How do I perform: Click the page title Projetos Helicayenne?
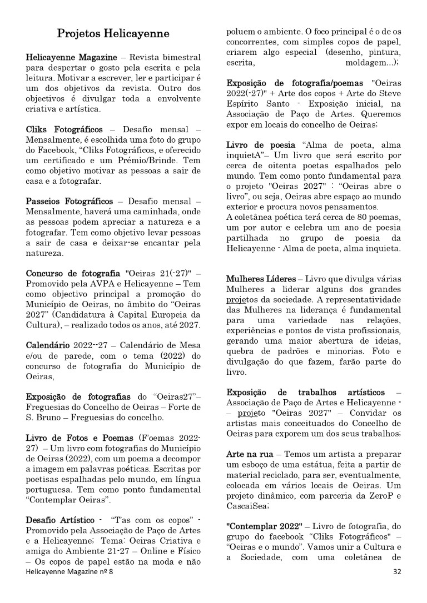[113, 34]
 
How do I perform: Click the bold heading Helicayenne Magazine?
[72, 58]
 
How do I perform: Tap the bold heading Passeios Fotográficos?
[69, 201]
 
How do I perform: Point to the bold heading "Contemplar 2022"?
[264, 525]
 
